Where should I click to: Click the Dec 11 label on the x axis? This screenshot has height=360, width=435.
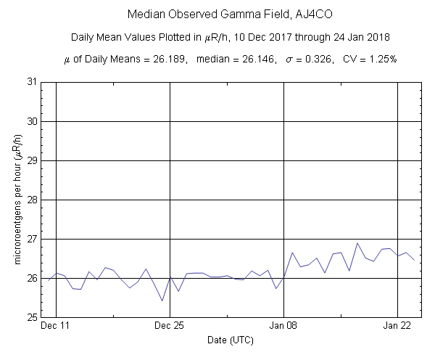coord(56,326)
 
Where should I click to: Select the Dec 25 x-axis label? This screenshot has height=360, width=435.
coord(170,326)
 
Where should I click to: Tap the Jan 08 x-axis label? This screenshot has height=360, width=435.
coord(283,326)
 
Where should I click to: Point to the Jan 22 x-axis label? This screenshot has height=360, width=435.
coord(397,326)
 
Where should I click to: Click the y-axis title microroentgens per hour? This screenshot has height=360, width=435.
coord(16,200)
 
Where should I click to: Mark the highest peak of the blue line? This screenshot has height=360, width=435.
coord(357,243)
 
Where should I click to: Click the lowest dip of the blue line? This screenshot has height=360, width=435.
coord(162,300)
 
